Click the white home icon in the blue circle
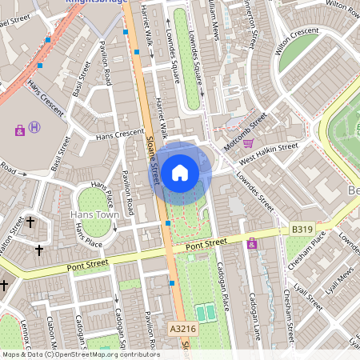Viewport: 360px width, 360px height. pyautogui.click(x=180, y=173)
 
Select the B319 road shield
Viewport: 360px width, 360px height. pyautogui.click(x=302, y=230)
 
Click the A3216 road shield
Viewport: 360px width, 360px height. pyautogui.click(x=182, y=329)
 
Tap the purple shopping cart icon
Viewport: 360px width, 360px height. pyautogui.click(x=248, y=144)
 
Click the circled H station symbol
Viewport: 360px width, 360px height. pyautogui.click(x=34, y=127)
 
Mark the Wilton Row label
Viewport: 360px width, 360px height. pyautogui.click(x=342, y=6)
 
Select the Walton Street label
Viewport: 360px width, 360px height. pyautogui.click(x=8, y=241)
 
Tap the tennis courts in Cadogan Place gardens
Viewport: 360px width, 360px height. pyautogui.click(x=206, y=313)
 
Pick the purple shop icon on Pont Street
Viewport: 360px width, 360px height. pyautogui.click(x=254, y=244)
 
